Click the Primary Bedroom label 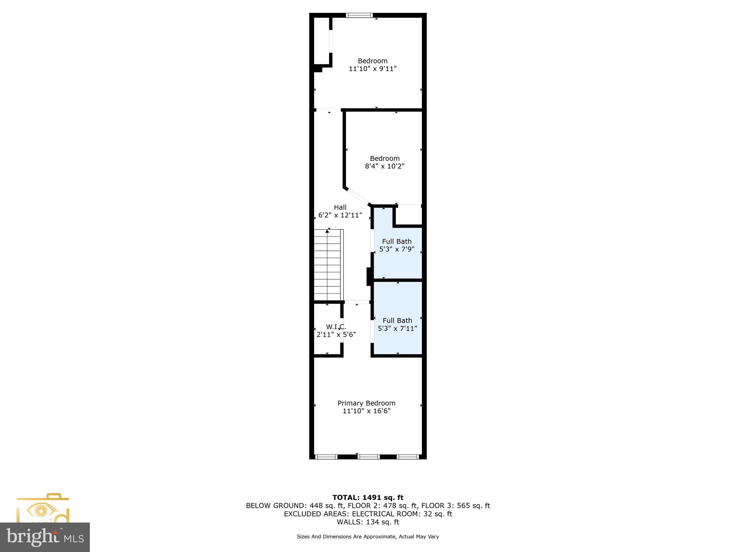366,403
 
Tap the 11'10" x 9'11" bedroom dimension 373,69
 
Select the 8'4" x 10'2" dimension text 385,166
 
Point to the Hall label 340,207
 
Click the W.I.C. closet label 336,327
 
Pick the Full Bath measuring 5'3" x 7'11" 397,325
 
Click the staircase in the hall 327,265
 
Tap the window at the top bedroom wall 359,15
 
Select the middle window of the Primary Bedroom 369,457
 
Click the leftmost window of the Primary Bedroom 326,457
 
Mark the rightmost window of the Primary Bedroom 408,457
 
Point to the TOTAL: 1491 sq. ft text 368,498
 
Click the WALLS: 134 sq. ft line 368,522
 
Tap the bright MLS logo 45,537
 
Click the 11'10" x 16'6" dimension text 366,411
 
